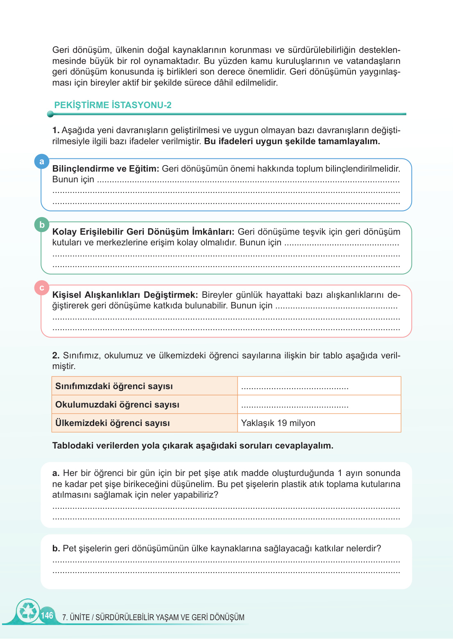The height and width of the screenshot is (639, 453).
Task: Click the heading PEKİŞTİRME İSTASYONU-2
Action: pos(113,105)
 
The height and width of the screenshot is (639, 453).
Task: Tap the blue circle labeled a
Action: pos(42,161)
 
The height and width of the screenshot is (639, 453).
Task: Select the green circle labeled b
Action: pos(42,224)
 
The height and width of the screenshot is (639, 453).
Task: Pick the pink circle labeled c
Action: pos(42,288)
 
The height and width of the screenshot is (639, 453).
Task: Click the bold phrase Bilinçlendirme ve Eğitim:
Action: pos(105,169)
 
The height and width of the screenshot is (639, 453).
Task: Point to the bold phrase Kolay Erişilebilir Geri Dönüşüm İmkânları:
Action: pos(143,232)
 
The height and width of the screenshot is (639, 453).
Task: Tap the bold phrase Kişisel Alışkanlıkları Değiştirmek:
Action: pos(125,295)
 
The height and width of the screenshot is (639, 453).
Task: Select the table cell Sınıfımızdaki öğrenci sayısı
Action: pos(114,386)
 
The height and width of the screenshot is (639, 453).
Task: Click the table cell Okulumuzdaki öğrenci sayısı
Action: pos(117,405)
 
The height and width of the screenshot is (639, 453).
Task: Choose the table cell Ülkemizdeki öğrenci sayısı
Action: pos(113,423)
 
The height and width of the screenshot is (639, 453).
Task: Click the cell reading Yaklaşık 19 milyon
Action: pos(278,423)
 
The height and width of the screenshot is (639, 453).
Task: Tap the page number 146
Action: pos(47,615)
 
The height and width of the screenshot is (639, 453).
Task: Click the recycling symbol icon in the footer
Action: pos(28,611)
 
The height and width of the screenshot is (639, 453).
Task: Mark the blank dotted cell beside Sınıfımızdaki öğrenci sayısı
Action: pos(319,386)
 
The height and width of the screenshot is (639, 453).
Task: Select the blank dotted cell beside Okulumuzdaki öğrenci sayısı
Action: pos(319,405)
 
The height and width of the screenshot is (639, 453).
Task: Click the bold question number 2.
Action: pos(56,356)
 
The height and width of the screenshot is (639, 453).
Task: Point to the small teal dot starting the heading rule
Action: pos(50,114)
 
